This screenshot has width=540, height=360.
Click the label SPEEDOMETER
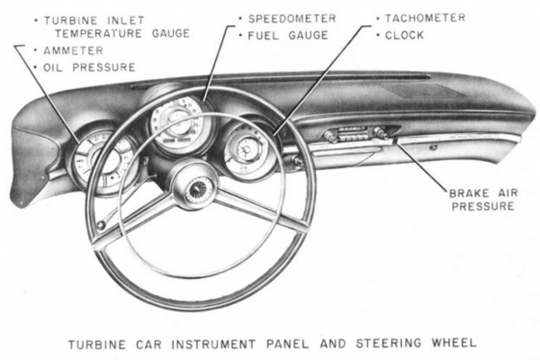293,17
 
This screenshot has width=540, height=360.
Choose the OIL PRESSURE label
84,67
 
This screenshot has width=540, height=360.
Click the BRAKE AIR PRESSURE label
482,198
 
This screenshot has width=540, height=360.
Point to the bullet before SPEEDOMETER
241,17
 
